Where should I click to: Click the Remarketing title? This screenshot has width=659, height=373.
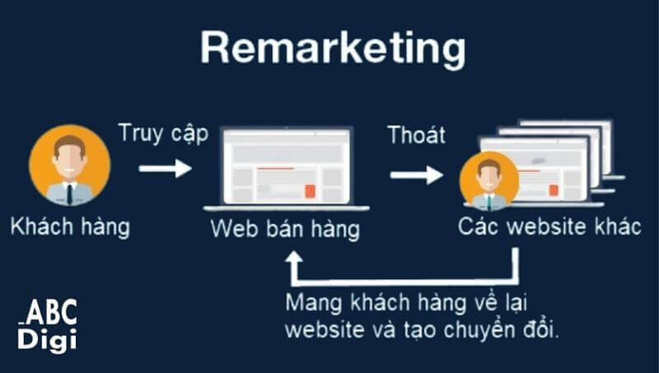330,49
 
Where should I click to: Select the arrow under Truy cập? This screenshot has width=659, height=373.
165,168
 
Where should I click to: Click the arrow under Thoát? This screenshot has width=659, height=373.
416,175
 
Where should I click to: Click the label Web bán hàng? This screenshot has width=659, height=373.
285,229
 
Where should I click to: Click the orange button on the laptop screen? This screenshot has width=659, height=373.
310,191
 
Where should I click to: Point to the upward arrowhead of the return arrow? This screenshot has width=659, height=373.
293,259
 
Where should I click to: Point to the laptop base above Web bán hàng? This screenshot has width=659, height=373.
285,207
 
